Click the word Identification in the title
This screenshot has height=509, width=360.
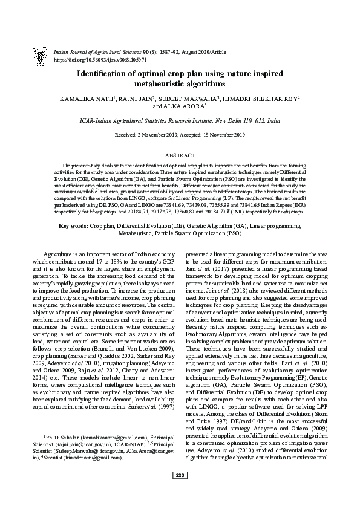tap(107, 74)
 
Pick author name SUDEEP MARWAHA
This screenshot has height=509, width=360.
tap(190, 98)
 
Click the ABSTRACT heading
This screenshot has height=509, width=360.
tap(180, 155)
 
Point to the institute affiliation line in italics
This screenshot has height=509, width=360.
tap(180, 120)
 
